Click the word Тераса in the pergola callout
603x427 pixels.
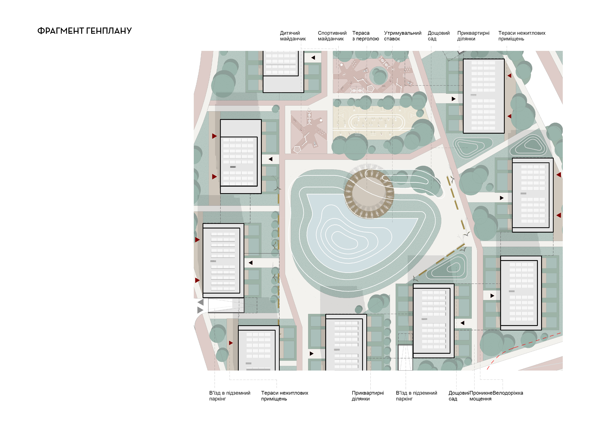361,33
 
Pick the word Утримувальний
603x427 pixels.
403,33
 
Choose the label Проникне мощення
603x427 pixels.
481,396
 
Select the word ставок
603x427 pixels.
392,39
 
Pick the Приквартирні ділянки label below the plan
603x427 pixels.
368,396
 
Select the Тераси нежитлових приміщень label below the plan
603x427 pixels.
284,396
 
